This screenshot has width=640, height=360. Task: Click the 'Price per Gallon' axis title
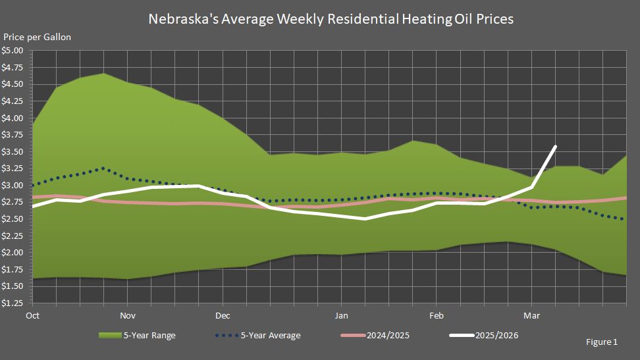pos(38,38)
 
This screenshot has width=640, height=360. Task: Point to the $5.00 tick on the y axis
pos(13,51)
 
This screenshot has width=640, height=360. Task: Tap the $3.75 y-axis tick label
pos(13,135)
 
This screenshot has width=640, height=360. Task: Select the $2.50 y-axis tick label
pos(13,219)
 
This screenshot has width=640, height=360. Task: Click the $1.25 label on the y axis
pos(13,303)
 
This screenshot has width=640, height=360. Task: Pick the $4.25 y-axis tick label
pos(13,101)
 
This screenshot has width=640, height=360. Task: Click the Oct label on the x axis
pos(32,315)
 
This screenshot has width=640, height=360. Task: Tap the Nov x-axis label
pos(128,315)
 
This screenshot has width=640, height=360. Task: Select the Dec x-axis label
pos(222,315)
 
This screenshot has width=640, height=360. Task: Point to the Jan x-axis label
pos(341,315)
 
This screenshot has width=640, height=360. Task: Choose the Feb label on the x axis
pos(435,315)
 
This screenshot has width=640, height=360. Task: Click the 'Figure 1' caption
pos(601,342)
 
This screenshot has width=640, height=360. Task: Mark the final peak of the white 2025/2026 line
pos(556,147)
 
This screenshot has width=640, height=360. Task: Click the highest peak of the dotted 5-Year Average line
pos(103,168)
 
